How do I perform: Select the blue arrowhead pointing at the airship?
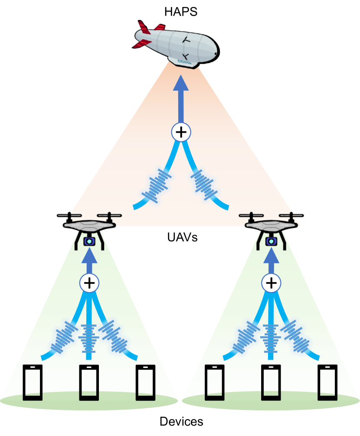click(181, 83)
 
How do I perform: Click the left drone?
click(89, 223)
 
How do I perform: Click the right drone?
click(272, 223)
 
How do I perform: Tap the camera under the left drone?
click(89, 241)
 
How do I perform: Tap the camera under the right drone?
click(272, 241)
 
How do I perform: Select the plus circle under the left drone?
click(89, 283)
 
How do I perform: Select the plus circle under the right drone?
click(271, 283)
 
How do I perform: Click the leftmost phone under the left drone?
click(33, 382)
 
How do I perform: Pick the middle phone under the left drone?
click(89, 382)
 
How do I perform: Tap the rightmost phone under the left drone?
click(145, 382)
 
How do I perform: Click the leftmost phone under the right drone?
click(215, 382)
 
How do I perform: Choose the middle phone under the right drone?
click(271, 382)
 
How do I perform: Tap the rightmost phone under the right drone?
click(327, 382)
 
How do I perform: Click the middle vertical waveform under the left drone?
click(89, 338)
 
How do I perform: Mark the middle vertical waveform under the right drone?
click(271, 338)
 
